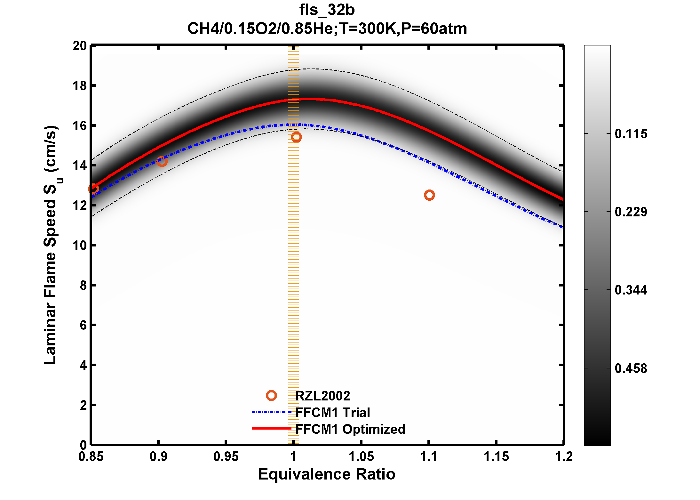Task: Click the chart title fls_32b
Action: coord(327,10)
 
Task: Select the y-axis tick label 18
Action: coord(80,86)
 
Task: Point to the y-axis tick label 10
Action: coord(80,246)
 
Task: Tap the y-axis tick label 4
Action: coord(83,365)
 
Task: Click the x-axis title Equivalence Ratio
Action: coord(327,474)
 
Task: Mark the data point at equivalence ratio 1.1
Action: coord(429,195)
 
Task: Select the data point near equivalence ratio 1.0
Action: coord(296,137)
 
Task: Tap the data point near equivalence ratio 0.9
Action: coord(162,161)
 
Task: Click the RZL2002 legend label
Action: coord(322,396)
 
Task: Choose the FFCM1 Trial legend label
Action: coord(333,413)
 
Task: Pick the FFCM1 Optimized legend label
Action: coord(350,429)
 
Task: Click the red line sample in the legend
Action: coord(271,428)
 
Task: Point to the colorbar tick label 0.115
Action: coord(631,134)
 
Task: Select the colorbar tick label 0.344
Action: coord(631,290)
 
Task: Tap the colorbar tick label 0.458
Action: coord(631,368)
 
